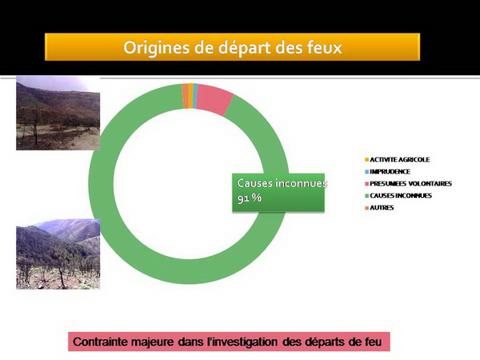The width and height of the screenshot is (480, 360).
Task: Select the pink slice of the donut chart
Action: point(214,99)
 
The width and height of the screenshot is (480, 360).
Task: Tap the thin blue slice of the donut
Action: point(195,96)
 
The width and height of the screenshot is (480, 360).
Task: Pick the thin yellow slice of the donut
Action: point(191,96)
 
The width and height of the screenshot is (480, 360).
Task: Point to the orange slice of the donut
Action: point(186,96)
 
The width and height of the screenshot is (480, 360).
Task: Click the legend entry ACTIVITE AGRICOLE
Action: point(399,159)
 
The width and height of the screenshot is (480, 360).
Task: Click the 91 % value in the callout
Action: point(250,198)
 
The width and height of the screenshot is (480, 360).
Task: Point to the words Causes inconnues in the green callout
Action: point(282,183)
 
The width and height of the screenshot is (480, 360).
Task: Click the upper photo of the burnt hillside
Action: point(58,113)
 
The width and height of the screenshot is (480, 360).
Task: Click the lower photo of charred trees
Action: point(58,254)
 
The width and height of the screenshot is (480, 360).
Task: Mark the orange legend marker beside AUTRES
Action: point(366,208)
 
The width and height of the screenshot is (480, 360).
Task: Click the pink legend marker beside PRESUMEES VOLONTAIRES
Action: point(366,184)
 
